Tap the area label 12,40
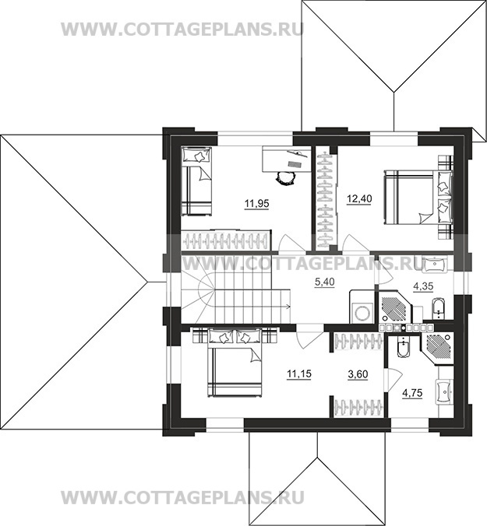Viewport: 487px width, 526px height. (x=359, y=199)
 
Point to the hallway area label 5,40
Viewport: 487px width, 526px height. (x=324, y=282)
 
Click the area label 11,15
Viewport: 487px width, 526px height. (x=299, y=373)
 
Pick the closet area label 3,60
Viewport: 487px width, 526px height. (x=358, y=374)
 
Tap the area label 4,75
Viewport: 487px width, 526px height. (x=412, y=393)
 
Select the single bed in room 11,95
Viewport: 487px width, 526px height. (x=197, y=181)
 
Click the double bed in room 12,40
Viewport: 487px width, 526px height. (x=418, y=197)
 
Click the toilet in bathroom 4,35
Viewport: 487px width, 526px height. (x=438, y=308)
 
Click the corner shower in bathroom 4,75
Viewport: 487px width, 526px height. (x=436, y=349)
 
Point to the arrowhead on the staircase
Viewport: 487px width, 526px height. (x=288, y=306)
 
